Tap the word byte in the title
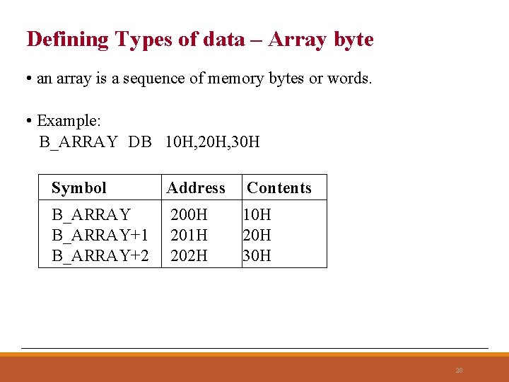pyautogui.click(x=353, y=40)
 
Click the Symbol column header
pyautogui.click(x=78, y=188)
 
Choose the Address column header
pyautogui.click(x=196, y=188)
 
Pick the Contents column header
pyautogui.click(x=279, y=188)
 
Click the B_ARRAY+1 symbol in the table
pyautogui.click(x=100, y=235)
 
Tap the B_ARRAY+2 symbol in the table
pyautogui.click(x=100, y=255)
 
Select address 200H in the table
pyautogui.click(x=189, y=214)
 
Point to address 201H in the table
pyautogui.click(x=189, y=235)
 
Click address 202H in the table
pyautogui.click(x=189, y=255)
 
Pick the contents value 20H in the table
pyautogui.click(x=257, y=235)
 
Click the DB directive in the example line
pyautogui.click(x=140, y=142)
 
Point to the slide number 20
pyautogui.click(x=459, y=370)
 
